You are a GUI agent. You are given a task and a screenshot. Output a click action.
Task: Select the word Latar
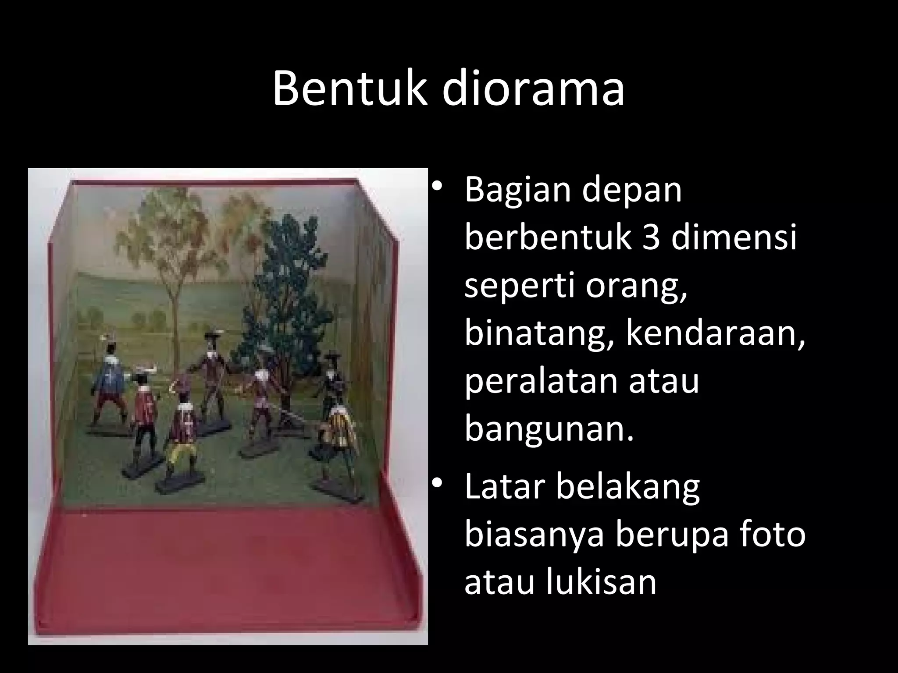coord(504,486)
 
